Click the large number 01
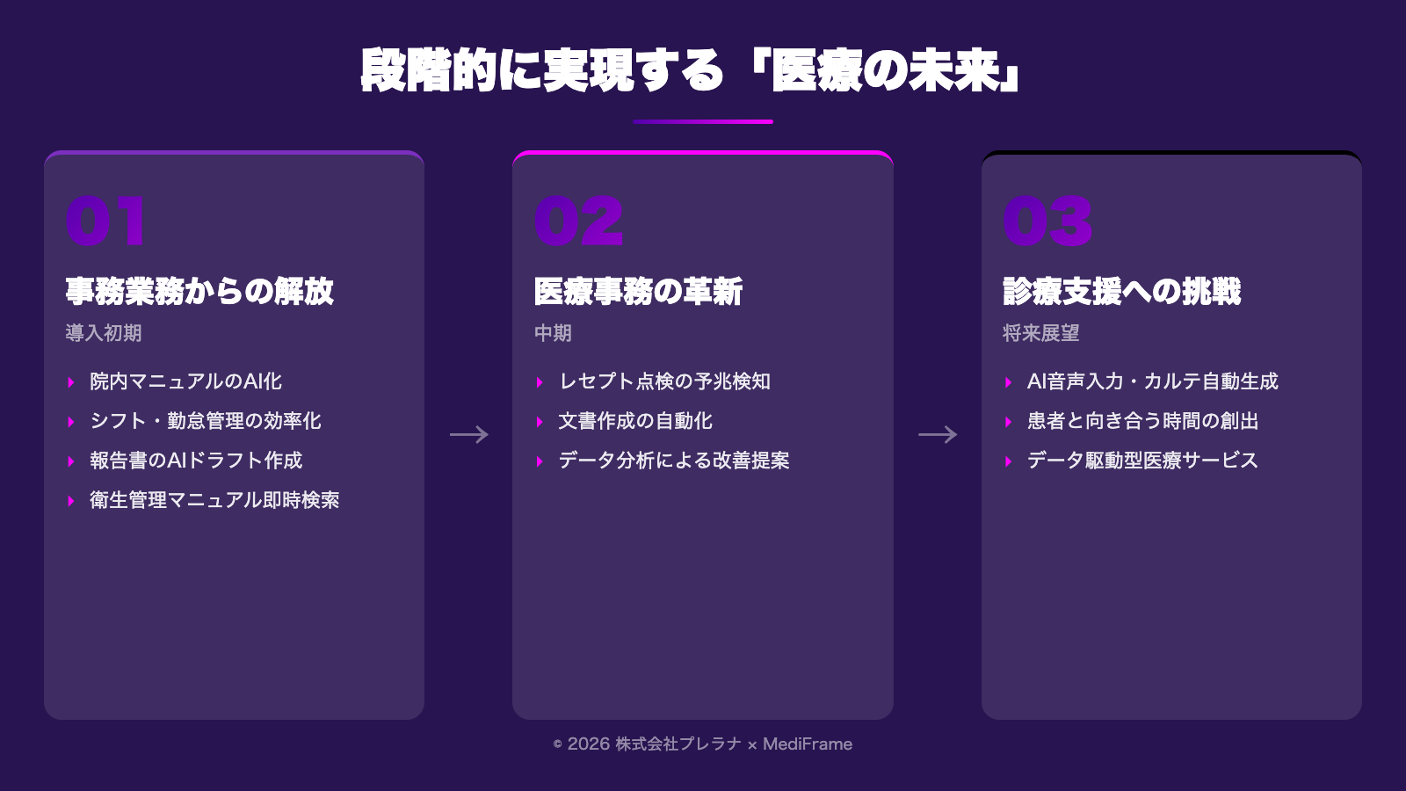pos(105,221)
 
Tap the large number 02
pos(578,221)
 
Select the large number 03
pos(1047,221)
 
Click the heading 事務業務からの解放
pos(199,292)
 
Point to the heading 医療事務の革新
pos(638,292)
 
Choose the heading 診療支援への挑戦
pos(1121,292)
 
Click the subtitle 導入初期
pos(103,333)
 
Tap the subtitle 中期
pos(553,333)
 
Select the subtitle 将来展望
pos(1040,333)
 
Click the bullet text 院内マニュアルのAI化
pos(185,381)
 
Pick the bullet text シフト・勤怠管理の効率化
pos(206,421)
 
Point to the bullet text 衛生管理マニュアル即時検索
pos(214,500)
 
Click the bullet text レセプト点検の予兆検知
pos(664,381)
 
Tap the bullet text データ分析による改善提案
pos(674,461)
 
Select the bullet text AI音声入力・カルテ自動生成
pos(1152,381)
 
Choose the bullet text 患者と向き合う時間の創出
pos(1142,421)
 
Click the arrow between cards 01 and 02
pos(468,434)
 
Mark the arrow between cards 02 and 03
pos(938,434)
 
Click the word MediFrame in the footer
pos(808,744)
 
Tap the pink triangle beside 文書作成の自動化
pos(540,422)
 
